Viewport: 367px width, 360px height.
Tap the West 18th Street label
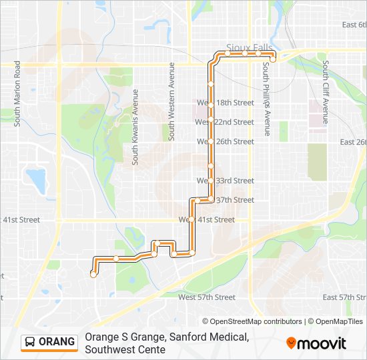point(225,103)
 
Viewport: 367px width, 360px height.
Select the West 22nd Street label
point(224,122)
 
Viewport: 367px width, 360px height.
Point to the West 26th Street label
point(225,141)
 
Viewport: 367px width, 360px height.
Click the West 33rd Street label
point(225,181)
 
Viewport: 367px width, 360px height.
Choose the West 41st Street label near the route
point(207,219)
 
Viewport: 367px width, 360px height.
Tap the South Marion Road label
point(17,93)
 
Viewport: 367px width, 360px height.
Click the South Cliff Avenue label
point(325,93)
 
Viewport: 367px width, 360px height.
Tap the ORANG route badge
point(49,342)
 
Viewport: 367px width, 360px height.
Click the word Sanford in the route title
point(182,337)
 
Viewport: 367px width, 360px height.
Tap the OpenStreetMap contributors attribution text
point(252,321)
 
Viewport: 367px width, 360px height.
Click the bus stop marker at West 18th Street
point(211,104)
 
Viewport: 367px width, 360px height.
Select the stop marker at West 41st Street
point(192,219)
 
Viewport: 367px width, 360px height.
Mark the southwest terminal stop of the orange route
point(93,273)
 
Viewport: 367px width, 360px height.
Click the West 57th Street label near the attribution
point(207,297)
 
